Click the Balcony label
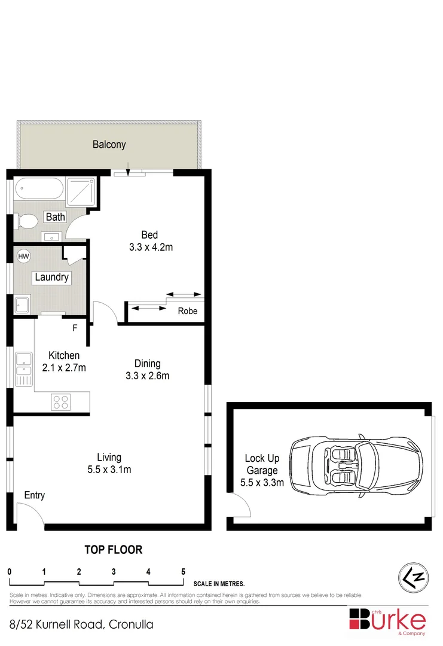click(x=109, y=144)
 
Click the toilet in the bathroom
click(x=26, y=222)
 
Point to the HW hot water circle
click(x=23, y=256)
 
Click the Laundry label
click(x=52, y=278)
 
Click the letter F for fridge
click(x=75, y=328)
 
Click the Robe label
click(x=187, y=312)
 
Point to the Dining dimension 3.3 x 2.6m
click(x=147, y=376)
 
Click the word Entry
click(x=34, y=495)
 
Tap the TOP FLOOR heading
click(x=113, y=550)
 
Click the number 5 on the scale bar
click(x=183, y=571)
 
